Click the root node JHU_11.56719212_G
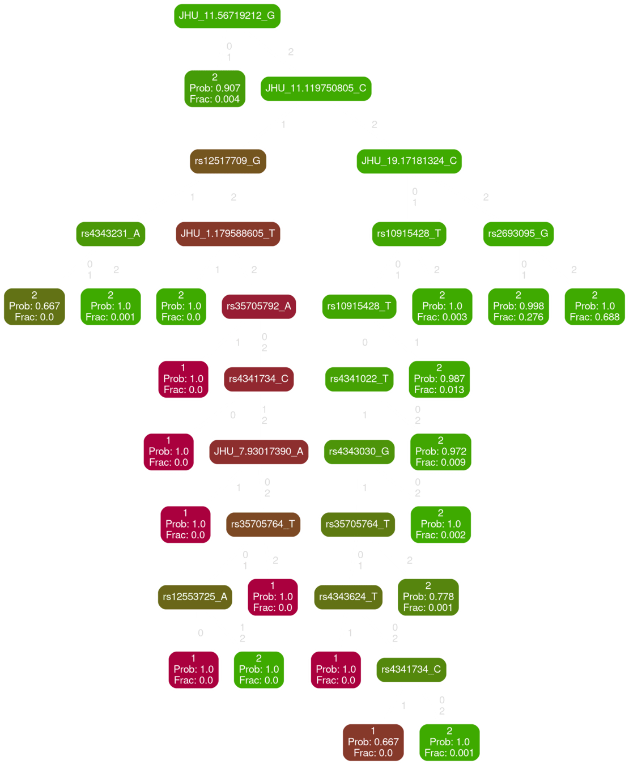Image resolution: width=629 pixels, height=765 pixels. (x=227, y=15)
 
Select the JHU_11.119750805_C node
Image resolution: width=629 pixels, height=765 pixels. (x=316, y=88)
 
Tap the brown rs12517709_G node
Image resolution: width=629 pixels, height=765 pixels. (x=227, y=161)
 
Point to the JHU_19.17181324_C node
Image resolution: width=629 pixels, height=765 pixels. (x=409, y=161)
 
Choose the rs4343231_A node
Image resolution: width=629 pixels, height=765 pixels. (x=110, y=233)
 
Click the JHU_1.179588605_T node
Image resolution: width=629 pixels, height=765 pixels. (x=228, y=233)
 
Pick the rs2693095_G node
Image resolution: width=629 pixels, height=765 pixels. (x=518, y=233)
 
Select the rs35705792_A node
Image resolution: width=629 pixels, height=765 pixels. (x=258, y=306)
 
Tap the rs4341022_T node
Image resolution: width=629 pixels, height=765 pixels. (x=359, y=379)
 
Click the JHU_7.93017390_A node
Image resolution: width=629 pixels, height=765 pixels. (x=258, y=451)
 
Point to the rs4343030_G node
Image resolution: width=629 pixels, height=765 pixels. (x=359, y=451)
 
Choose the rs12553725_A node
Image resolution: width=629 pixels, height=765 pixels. (x=195, y=597)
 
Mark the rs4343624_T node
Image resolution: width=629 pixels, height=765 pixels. (x=348, y=597)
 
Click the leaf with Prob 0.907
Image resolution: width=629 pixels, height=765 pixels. (x=215, y=88)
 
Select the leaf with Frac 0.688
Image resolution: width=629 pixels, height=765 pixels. (x=594, y=306)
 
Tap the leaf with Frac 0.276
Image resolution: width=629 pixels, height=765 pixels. (x=518, y=306)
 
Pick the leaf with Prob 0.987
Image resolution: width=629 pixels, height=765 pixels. (x=439, y=379)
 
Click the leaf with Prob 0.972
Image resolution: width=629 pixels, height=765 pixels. (x=440, y=451)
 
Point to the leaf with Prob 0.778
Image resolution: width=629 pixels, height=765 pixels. (x=428, y=597)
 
